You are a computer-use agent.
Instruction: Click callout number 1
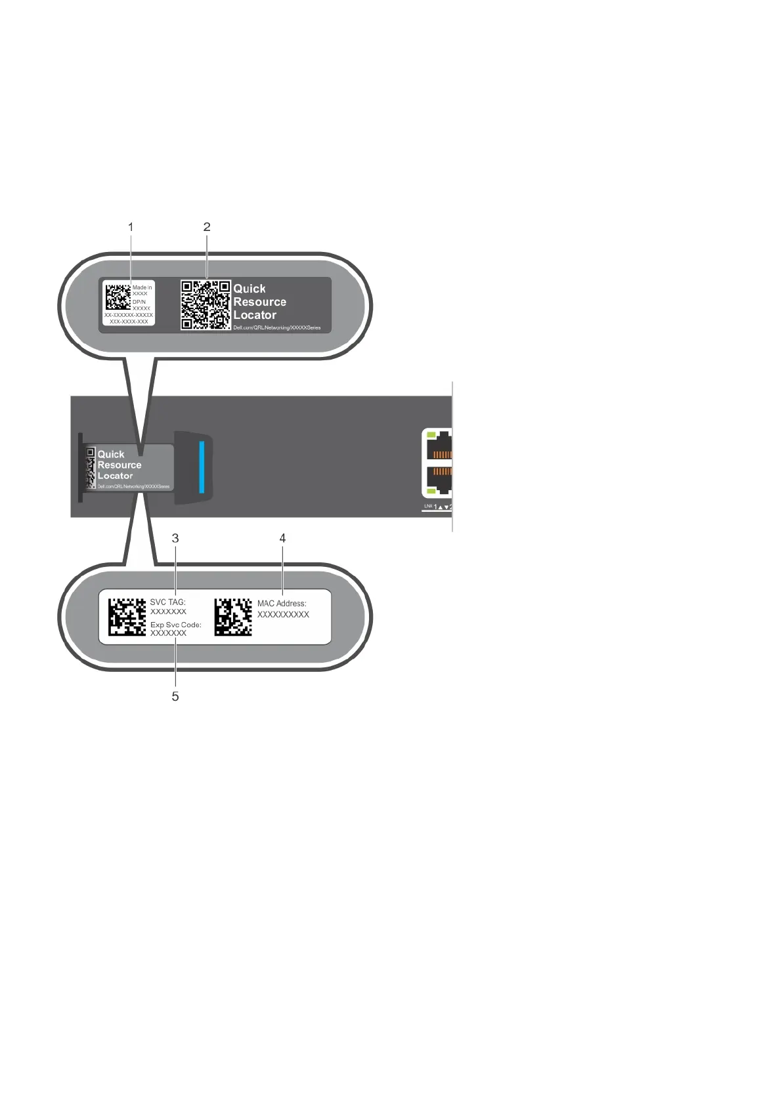pos(131,227)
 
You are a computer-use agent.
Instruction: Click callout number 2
pos(207,227)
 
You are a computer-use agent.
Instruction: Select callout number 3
pos(175,538)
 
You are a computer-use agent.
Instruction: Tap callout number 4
pos(283,538)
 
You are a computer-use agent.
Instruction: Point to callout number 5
pos(175,696)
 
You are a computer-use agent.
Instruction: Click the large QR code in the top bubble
pos(206,305)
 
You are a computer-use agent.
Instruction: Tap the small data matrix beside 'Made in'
pos(118,297)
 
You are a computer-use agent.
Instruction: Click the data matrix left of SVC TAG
pos(127,617)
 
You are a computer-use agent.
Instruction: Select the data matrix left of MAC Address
pos(233,617)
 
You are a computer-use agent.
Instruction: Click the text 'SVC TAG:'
pos(168,602)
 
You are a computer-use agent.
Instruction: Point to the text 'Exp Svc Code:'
pos(176,625)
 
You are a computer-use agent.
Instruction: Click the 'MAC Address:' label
pos(282,604)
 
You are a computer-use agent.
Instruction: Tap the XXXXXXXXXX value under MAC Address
pos(283,615)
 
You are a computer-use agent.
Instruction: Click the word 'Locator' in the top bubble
pos(255,315)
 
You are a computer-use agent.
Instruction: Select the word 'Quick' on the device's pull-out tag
pos(111,454)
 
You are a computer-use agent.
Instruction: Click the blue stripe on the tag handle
pos(202,467)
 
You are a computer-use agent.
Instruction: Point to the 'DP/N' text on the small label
pos(139,302)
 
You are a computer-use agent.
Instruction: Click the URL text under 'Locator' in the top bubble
pos(277,327)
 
